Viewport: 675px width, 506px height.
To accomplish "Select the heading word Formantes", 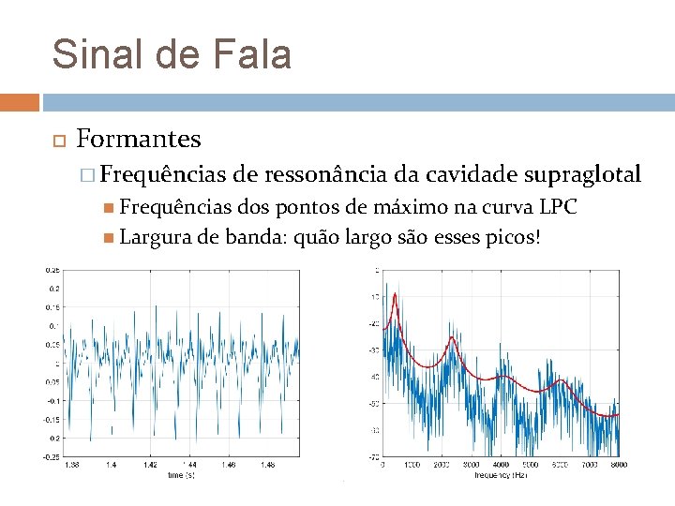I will (138, 140).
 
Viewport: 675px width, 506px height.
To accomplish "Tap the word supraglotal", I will (583, 174).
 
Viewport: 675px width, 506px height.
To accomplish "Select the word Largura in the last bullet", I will (156, 237).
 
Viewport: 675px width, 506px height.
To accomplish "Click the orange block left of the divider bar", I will (19, 101).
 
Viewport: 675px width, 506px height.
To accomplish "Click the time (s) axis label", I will (182, 476).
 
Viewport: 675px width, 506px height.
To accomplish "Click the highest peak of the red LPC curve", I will (396, 294).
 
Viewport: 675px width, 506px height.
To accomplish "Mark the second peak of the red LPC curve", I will (454, 338).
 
